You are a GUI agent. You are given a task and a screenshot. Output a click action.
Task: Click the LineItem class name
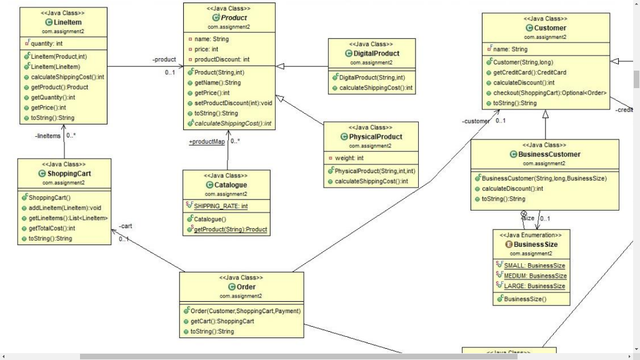click(x=67, y=22)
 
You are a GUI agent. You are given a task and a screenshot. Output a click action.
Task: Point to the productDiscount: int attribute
click(x=222, y=59)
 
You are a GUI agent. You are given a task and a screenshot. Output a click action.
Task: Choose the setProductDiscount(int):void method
click(x=233, y=103)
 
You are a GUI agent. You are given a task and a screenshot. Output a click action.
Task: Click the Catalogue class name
click(x=230, y=185)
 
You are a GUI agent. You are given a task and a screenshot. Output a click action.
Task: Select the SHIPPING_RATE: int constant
click(x=222, y=206)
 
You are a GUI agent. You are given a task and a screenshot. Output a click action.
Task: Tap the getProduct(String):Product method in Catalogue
click(x=230, y=229)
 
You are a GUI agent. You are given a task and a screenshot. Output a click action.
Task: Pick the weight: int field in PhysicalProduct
click(x=353, y=158)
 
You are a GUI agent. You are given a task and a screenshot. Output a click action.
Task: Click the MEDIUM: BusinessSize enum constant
click(x=534, y=276)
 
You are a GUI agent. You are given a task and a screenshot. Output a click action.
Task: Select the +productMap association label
click(x=206, y=142)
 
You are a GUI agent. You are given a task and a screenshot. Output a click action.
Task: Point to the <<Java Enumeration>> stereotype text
click(x=531, y=236)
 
